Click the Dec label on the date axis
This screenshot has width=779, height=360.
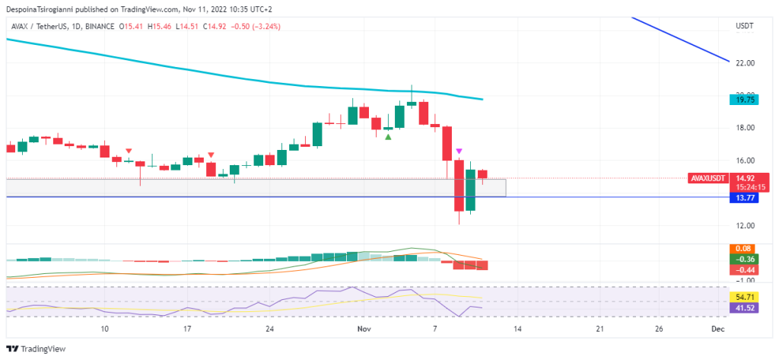(716, 329)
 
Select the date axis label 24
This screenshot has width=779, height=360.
(270, 329)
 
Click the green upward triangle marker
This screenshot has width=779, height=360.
(389, 136)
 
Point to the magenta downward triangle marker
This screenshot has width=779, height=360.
(459, 152)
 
